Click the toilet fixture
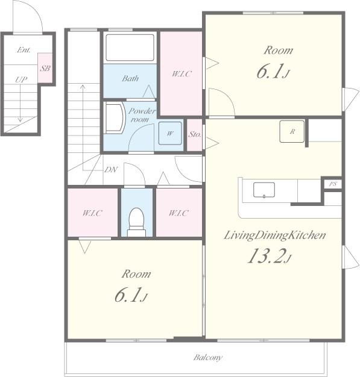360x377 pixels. (x=136, y=222)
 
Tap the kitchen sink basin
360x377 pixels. (x=264, y=190)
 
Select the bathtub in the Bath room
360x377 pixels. (x=130, y=48)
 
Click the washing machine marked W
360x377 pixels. (x=170, y=133)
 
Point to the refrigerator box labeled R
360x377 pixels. (x=292, y=131)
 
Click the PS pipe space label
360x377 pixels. (x=333, y=184)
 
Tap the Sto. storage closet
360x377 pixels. (x=194, y=135)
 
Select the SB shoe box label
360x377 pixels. (x=45, y=69)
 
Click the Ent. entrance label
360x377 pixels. (x=24, y=50)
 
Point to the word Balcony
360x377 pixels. (x=207, y=358)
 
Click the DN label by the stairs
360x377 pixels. (x=110, y=170)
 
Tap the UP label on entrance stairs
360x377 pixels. (x=21, y=79)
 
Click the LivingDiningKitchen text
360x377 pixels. (x=275, y=235)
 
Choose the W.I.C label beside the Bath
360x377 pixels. (x=182, y=73)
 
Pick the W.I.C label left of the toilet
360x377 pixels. (x=92, y=213)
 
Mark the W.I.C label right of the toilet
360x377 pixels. (x=178, y=213)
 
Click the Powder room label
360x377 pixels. (x=142, y=115)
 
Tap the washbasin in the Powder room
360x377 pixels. (x=115, y=118)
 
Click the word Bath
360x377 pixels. (x=130, y=78)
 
